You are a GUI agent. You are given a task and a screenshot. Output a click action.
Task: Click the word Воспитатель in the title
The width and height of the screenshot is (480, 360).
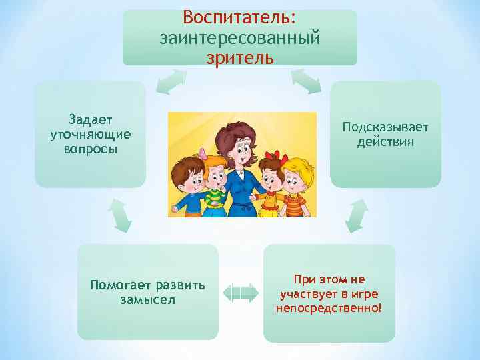pos(239,15)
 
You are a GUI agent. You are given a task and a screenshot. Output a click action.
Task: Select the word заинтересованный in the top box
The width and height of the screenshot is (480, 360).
pos(240,37)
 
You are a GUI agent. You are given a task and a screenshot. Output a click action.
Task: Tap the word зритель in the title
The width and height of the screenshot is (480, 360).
pos(240,58)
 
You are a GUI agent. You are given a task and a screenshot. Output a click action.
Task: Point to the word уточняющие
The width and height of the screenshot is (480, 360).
pos(90,134)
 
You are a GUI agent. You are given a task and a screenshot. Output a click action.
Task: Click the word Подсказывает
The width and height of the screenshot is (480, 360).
pos(385,127)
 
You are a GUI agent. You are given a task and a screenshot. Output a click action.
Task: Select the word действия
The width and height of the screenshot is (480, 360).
pos(385,142)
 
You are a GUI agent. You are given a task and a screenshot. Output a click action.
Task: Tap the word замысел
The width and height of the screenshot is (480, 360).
pos(147,299)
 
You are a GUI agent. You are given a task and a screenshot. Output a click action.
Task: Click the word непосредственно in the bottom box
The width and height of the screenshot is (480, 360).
pos(329,307)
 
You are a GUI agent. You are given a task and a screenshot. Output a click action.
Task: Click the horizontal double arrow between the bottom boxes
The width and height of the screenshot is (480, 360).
pos(240,292)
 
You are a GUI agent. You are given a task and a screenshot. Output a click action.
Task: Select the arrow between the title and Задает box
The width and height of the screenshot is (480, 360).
pos(170,82)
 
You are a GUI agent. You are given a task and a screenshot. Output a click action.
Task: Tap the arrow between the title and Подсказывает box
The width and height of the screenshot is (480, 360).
pos(307,81)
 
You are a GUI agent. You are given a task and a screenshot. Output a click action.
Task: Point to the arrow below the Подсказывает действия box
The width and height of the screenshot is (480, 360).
pos(357,216)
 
